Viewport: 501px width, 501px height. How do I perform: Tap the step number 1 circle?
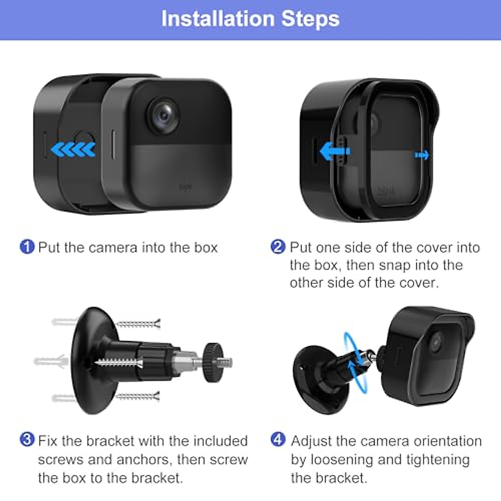[27, 247]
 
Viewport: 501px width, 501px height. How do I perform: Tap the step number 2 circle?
[278, 247]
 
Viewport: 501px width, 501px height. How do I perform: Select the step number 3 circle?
[27, 440]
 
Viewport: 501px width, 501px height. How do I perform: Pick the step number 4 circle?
[278, 440]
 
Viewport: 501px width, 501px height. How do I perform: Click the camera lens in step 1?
[164, 114]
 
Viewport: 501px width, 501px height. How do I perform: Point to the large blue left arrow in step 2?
[334, 151]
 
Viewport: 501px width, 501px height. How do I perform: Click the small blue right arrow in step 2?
[422, 155]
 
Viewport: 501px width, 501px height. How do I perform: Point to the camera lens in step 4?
[437, 342]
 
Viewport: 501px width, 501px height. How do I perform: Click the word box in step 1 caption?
[206, 248]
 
